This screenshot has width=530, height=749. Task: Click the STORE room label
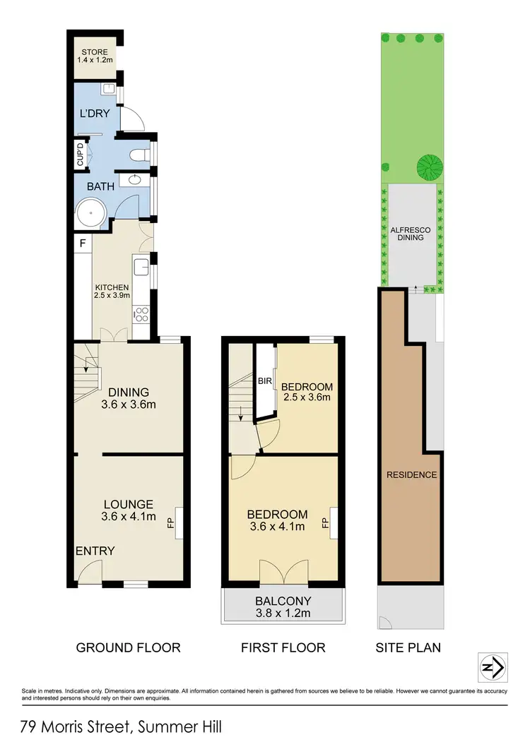pos(93,56)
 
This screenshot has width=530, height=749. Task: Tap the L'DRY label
pos(94,113)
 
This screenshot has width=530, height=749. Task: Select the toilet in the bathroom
pos(140,154)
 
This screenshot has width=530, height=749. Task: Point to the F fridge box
pos(83,244)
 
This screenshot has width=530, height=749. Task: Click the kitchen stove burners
pos(141,313)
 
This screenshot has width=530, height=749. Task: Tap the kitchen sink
pos(140,268)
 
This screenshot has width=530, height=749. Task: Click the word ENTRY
pos(95,551)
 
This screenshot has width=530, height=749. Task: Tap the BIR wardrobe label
pos(265,381)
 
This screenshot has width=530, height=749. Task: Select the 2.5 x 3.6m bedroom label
pos(306,392)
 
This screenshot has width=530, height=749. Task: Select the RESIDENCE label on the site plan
pos(411,474)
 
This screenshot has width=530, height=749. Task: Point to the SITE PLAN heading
pos(409,647)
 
